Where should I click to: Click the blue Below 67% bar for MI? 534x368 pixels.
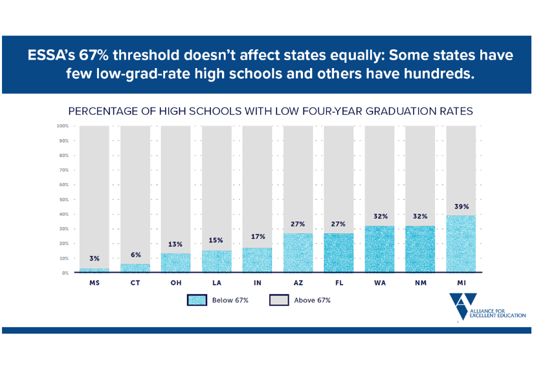(461, 244)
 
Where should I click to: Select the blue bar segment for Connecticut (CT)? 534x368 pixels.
(135, 268)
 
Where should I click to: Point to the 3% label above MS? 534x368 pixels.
(94, 259)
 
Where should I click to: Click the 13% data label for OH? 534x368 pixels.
(175, 245)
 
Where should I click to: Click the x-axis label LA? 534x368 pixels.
(216, 283)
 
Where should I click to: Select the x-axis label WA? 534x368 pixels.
(379, 283)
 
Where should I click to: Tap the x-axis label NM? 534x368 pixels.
(420, 283)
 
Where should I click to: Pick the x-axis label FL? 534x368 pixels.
(339, 283)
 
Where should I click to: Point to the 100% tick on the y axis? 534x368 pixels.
(63, 126)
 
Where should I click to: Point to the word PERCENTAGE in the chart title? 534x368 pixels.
(109, 111)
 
